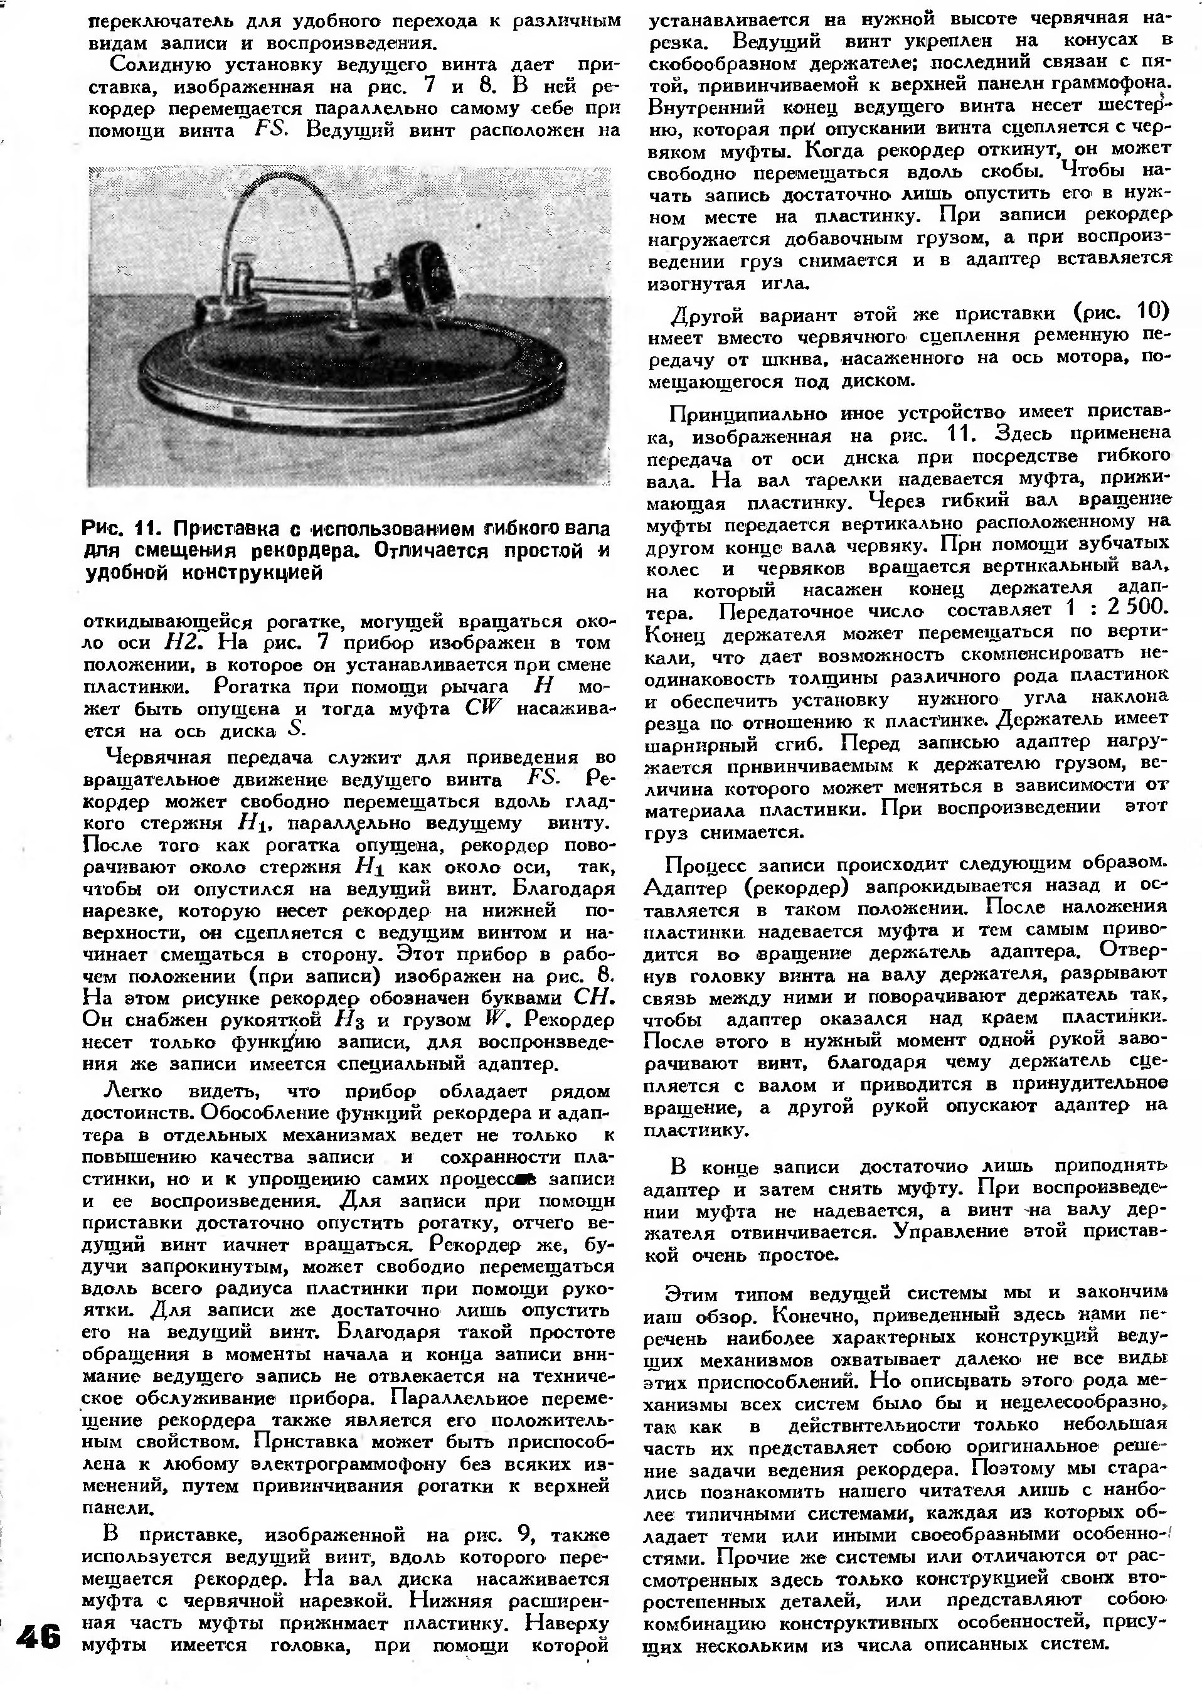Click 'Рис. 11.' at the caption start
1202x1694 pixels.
click(114, 529)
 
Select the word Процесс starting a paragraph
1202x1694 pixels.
click(703, 865)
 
